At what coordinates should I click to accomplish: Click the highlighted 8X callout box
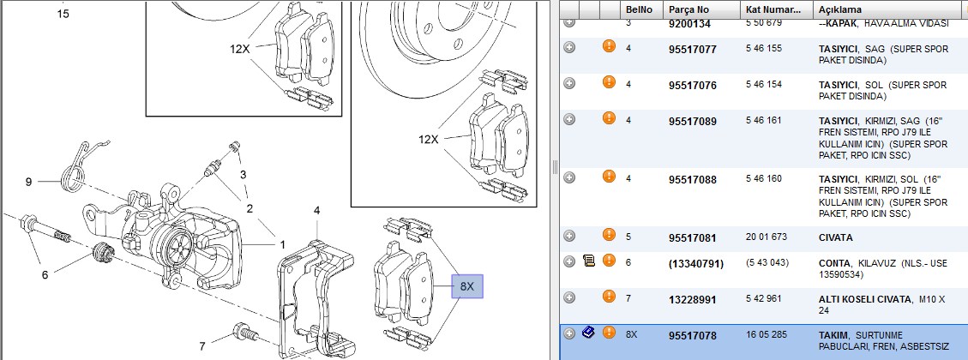[x=466, y=286]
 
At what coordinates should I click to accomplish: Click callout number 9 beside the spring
[x=28, y=182]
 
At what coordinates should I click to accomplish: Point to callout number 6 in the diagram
[x=45, y=275]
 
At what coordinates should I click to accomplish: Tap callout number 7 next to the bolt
[x=201, y=345]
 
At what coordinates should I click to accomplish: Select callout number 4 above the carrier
[x=316, y=211]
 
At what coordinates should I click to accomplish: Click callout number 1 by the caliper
[x=283, y=244]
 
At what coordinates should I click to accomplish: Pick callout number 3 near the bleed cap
[x=244, y=175]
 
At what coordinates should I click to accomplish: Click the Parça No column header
[x=688, y=10]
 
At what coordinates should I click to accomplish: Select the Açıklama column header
[x=839, y=10]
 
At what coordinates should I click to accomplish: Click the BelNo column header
[x=638, y=10]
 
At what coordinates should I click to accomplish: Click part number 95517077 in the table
[x=693, y=50]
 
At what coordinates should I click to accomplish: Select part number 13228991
[x=693, y=300]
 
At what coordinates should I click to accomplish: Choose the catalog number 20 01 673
[x=767, y=237]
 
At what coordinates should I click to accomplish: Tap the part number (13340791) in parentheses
[x=695, y=264]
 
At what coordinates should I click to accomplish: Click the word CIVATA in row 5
[x=836, y=237]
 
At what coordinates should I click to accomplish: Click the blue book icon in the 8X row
[x=588, y=333]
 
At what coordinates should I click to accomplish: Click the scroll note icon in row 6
[x=588, y=261]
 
